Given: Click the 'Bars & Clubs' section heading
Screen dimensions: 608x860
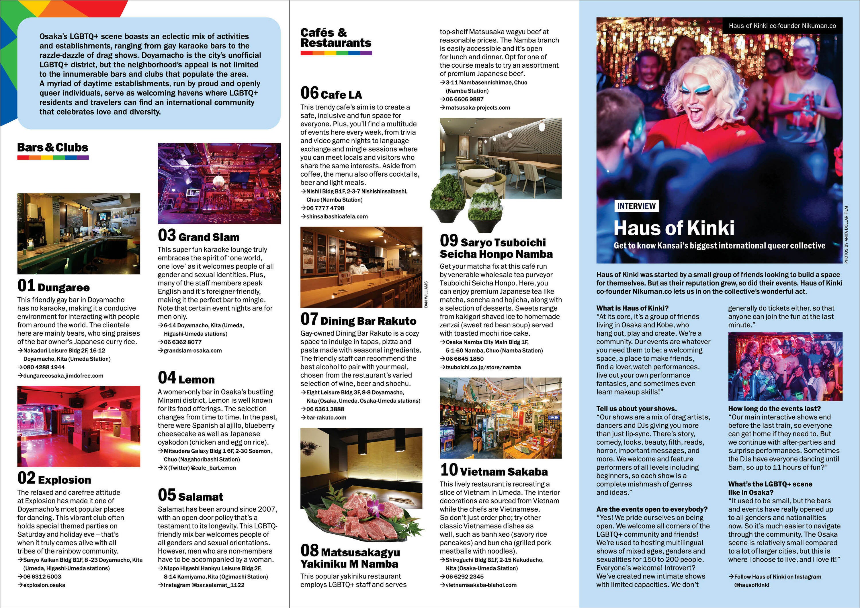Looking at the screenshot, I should click(x=53, y=148).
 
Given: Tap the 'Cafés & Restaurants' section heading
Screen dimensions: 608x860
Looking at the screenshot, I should click(x=336, y=38).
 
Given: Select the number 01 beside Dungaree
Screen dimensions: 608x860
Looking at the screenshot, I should click(x=26, y=286).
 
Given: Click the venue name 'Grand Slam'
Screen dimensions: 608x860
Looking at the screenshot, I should click(x=209, y=237).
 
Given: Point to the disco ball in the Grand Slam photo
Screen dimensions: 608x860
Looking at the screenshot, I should click(x=218, y=181).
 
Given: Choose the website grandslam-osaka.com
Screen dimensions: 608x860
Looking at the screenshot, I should click(x=193, y=351).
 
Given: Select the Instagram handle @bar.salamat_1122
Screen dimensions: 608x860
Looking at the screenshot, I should click(x=204, y=585).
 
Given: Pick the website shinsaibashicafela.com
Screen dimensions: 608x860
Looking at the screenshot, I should click(x=337, y=216).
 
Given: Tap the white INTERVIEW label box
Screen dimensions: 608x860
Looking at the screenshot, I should click(x=636, y=206).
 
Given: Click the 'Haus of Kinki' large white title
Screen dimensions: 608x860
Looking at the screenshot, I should click(x=674, y=228).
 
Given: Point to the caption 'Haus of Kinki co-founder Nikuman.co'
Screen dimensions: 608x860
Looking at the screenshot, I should click(x=782, y=26).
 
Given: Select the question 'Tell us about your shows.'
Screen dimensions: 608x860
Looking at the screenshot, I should click(x=636, y=409).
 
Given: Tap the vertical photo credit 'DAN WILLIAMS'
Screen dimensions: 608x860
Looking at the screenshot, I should click(x=426, y=294).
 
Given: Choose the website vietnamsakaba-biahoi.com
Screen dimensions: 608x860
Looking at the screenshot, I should click(x=481, y=585).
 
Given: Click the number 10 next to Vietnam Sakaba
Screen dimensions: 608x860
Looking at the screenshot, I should click(x=449, y=470).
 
